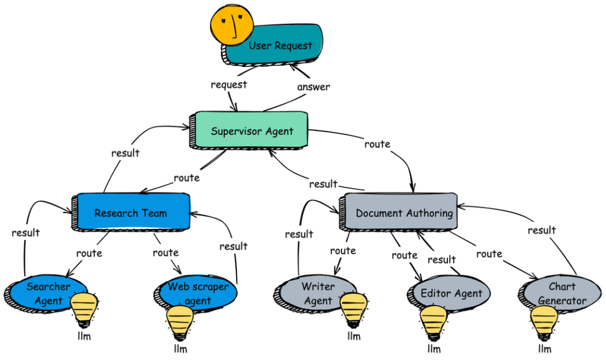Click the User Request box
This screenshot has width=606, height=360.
click(x=278, y=46)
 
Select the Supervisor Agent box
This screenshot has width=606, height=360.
click(x=252, y=131)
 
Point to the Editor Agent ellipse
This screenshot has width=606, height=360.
click(x=452, y=293)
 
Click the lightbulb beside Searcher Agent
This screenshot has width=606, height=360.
click(x=84, y=310)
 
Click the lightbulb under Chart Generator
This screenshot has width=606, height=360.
click(x=543, y=322)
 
